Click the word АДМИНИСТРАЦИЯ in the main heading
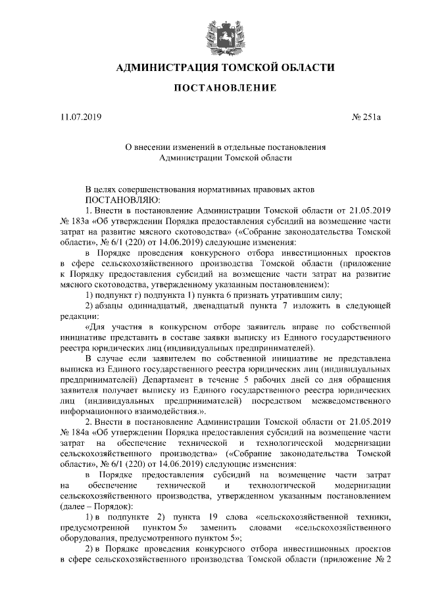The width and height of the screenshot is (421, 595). (166, 67)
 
